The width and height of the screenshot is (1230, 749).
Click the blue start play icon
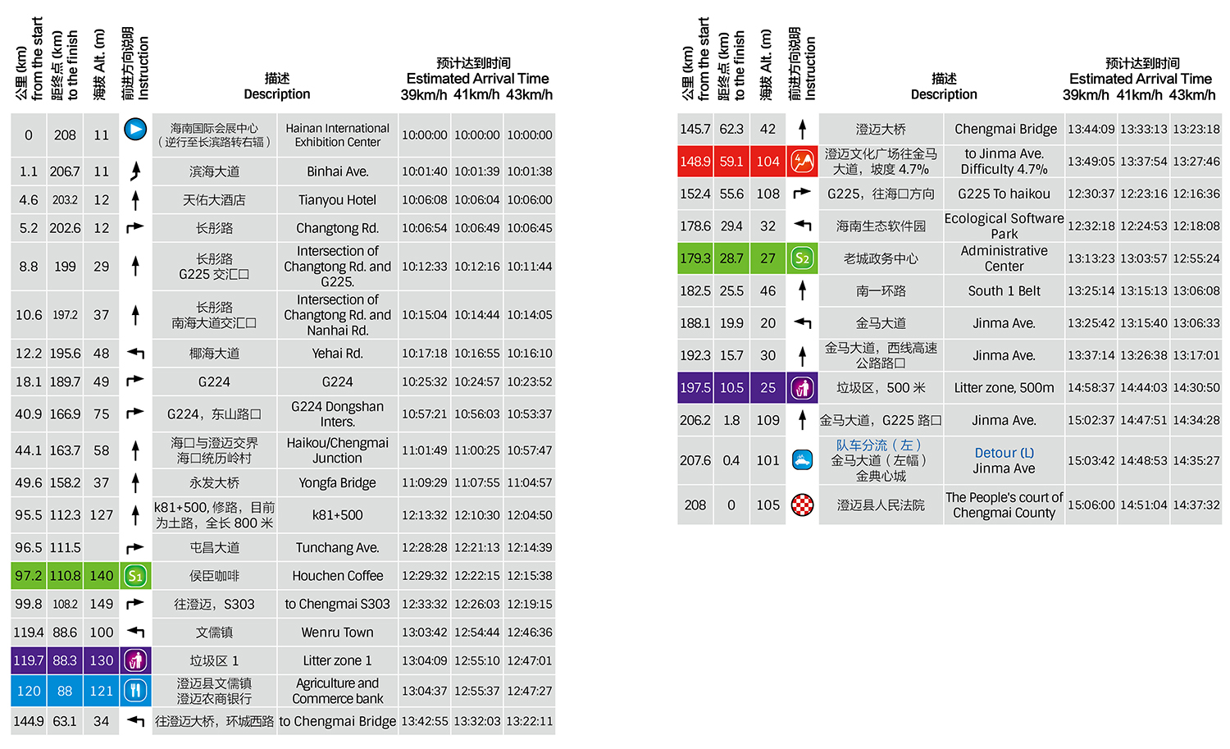click(135, 130)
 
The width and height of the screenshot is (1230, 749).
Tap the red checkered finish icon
click(802, 505)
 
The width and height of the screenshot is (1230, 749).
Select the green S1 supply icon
click(135, 576)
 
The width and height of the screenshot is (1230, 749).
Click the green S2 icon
click(802, 258)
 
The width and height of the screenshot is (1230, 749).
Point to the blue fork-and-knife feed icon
click(135, 691)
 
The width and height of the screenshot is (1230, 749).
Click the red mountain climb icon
click(802, 161)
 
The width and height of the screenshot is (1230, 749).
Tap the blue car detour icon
click(802, 460)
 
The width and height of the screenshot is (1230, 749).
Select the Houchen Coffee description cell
click(337, 576)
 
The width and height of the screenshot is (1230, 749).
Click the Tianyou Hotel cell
click(337, 200)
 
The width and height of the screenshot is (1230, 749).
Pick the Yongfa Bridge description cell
click(337, 483)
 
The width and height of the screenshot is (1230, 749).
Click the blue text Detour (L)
click(1004, 453)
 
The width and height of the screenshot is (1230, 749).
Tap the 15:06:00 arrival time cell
click(1091, 505)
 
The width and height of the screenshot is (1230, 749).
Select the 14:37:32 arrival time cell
click(1196, 505)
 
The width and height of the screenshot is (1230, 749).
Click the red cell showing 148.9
click(695, 162)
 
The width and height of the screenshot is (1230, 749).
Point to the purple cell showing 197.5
click(695, 388)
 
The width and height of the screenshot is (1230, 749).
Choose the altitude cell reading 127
click(101, 515)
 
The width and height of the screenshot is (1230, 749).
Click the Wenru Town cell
click(337, 633)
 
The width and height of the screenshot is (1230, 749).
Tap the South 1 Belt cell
click(1004, 291)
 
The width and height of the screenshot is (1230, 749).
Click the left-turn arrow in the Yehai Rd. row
click(135, 354)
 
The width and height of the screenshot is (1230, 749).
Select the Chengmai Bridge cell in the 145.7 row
click(1004, 129)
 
